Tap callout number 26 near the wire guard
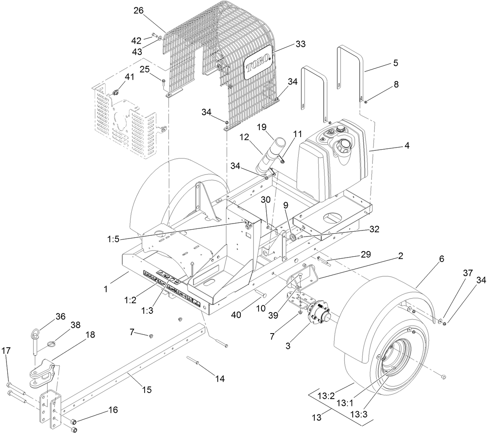138,11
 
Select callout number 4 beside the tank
407,146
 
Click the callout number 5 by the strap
395,63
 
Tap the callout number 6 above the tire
442,259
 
